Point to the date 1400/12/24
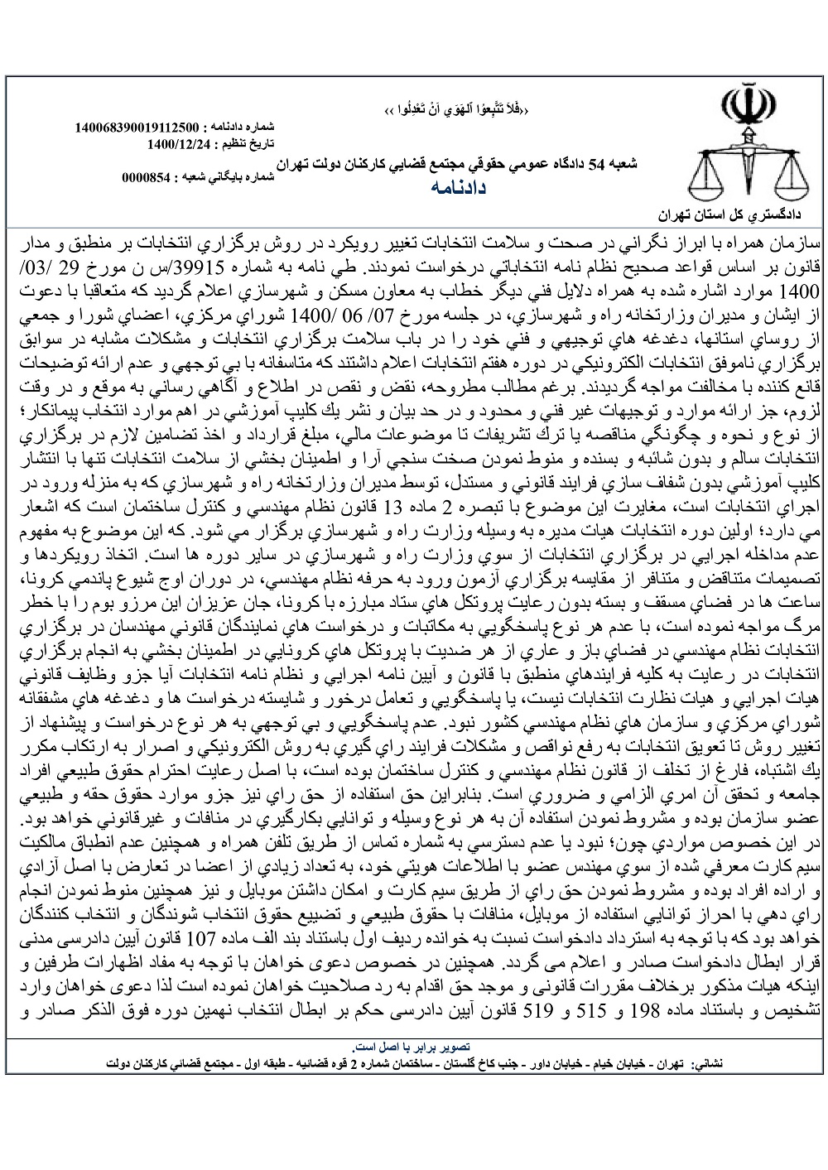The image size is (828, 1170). [x=169, y=143]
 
